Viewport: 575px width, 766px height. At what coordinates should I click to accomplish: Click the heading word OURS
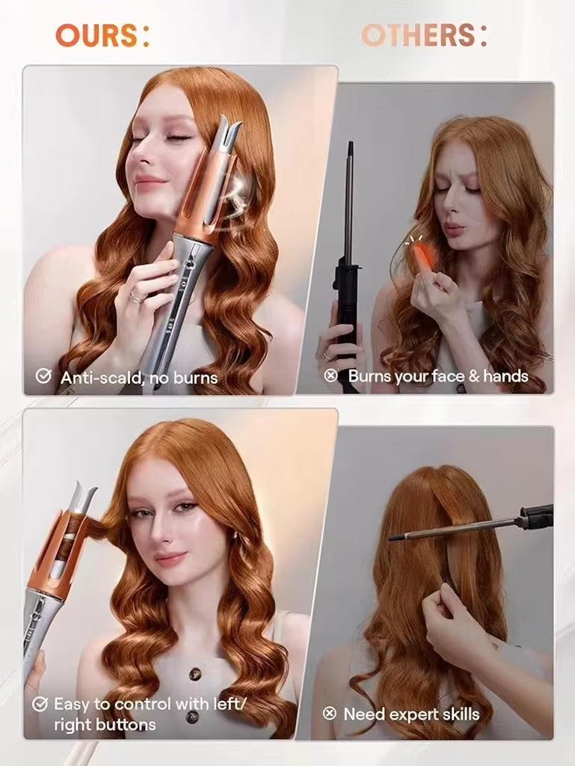point(96,35)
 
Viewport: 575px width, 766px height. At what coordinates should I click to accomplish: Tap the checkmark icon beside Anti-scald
point(44,377)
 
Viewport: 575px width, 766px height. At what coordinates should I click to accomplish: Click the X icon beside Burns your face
point(331,376)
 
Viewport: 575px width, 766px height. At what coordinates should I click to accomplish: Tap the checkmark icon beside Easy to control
point(40,704)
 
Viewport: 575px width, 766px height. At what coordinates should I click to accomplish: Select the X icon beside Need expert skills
point(329,714)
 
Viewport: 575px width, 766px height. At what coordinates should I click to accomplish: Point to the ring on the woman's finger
point(136,297)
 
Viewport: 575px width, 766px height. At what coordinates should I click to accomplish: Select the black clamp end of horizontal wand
point(538,517)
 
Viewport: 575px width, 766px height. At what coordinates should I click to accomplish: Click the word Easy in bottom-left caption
point(73,704)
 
